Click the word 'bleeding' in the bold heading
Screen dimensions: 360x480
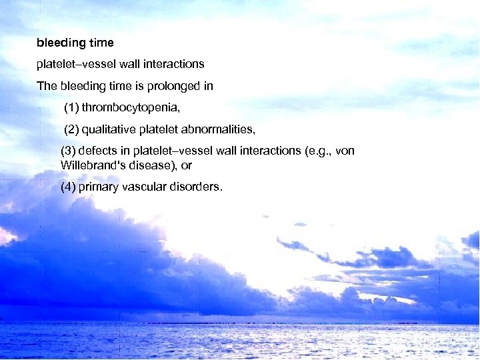coord(61,43)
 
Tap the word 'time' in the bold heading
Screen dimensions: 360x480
coord(101,43)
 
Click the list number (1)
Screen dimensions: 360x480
coord(71,107)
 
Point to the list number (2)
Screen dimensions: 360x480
coord(72,128)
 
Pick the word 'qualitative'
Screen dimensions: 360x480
coord(110,128)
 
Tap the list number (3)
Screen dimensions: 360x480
coord(68,151)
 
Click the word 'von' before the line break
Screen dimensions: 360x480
coord(345,151)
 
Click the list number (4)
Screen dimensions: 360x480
coord(68,187)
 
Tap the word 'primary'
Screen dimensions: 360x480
coord(97,187)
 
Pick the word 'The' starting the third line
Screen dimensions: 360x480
coord(47,86)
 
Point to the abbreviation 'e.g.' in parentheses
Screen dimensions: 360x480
coord(316,151)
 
